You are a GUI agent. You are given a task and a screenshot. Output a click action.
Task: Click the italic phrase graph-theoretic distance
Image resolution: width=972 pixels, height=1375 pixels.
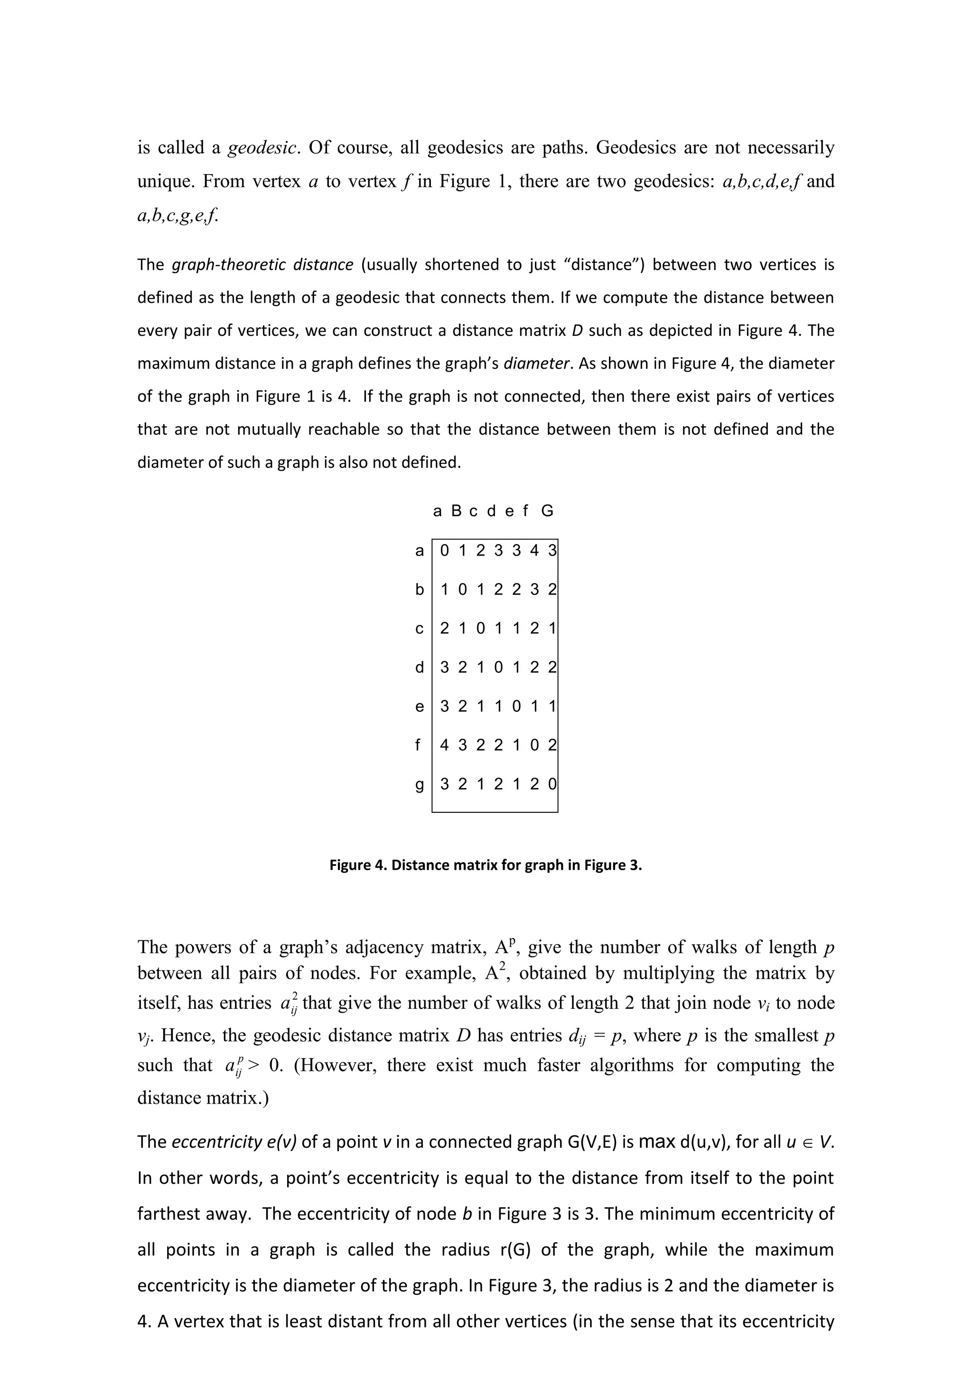(x=262, y=265)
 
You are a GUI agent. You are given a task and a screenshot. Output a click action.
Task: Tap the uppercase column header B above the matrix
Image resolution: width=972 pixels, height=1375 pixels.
(x=457, y=511)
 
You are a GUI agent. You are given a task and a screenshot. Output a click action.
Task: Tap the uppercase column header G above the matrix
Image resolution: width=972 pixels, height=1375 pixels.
(x=547, y=511)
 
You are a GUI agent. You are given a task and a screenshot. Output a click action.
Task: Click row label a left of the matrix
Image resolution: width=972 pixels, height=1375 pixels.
(x=419, y=550)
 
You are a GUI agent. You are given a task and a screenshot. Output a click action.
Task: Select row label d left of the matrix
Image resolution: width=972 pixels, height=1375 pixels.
(x=419, y=667)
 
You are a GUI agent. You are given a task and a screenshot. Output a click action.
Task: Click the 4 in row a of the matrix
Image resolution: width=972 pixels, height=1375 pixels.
(x=534, y=550)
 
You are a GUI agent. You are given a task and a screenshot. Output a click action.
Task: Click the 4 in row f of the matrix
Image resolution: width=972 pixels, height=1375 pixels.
(x=444, y=745)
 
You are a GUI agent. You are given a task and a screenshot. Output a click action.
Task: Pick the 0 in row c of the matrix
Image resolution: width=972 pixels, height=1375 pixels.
(x=480, y=628)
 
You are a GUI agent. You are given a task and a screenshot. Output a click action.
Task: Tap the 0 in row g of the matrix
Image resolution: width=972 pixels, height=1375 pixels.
(x=552, y=784)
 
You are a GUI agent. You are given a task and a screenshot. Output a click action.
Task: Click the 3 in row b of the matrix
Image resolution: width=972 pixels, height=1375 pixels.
(x=534, y=589)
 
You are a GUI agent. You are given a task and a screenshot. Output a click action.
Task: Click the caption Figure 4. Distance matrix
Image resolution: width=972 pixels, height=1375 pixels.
(x=485, y=865)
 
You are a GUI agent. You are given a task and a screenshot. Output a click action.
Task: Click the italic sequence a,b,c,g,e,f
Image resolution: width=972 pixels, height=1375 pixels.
(x=178, y=214)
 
